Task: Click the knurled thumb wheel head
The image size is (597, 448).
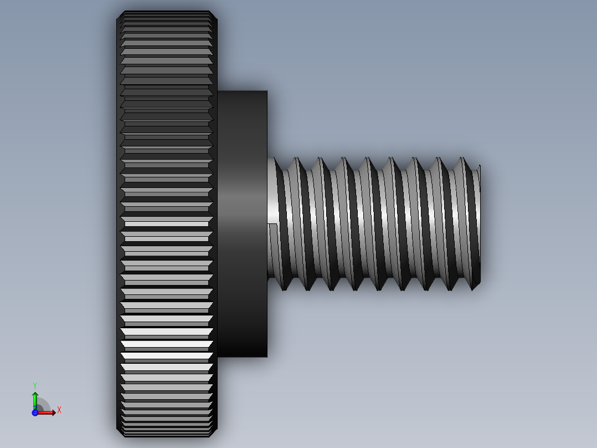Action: pyautogui.click(x=166, y=222)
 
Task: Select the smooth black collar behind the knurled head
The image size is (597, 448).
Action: pyautogui.click(x=242, y=222)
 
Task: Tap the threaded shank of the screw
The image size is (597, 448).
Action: pyautogui.click(x=377, y=222)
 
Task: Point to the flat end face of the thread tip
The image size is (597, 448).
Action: pyautogui.click(x=479, y=222)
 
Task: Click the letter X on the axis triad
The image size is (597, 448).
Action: pyautogui.click(x=59, y=410)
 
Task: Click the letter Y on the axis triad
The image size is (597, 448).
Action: pyautogui.click(x=34, y=385)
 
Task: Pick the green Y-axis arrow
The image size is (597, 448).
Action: pyautogui.click(x=34, y=399)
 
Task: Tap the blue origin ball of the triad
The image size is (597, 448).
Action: pyautogui.click(x=35, y=413)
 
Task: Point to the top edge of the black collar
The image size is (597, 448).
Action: pyautogui.click(x=242, y=91)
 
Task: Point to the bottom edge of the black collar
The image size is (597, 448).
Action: pyautogui.click(x=242, y=356)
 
